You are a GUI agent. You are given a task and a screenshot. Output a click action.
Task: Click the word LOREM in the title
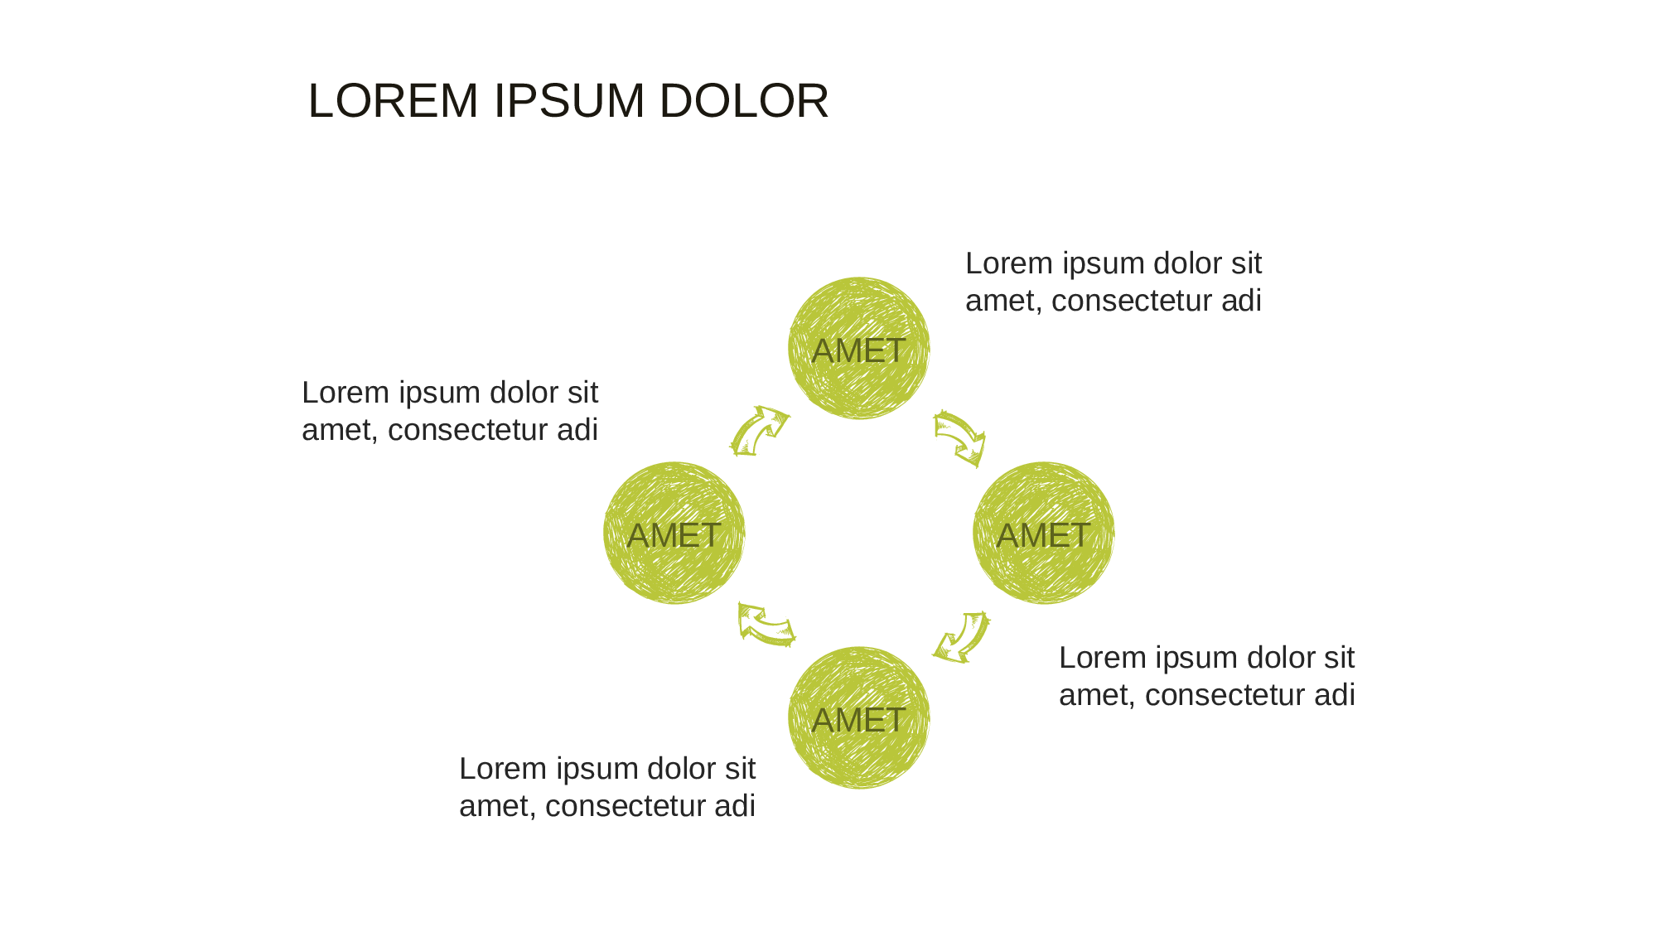[x=394, y=101]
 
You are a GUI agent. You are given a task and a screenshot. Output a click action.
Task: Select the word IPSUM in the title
[x=569, y=101]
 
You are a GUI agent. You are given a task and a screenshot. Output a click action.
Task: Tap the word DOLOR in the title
[x=744, y=101]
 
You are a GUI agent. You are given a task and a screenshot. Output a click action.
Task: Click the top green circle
[x=859, y=348]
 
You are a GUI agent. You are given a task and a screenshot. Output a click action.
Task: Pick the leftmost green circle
[x=674, y=533]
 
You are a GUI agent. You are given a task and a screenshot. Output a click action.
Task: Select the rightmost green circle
[x=1044, y=533]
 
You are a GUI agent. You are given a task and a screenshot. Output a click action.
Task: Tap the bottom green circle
[x=859, y=717]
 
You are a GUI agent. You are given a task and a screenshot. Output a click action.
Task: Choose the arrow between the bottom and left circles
[x=766, y=625]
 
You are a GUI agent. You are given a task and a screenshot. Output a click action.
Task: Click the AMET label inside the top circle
[x=858, y=350]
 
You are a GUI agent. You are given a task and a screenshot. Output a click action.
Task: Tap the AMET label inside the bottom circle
[x=858, y=720]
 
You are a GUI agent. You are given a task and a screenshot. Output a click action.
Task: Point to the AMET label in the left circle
[x=674, y=535]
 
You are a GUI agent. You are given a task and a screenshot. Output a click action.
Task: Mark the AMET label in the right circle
[x=1043, y=535]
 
